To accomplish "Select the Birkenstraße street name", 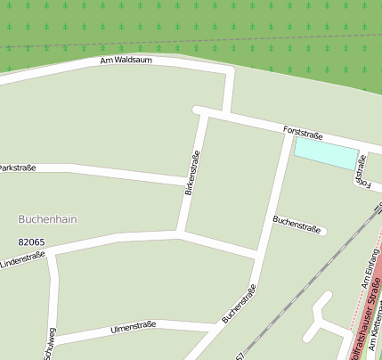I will point(191,174).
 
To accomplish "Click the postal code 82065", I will point(31,241).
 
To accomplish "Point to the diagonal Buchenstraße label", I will point(240,303).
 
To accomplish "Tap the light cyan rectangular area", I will point(326,152).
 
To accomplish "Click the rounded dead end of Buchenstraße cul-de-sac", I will point(323,232).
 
